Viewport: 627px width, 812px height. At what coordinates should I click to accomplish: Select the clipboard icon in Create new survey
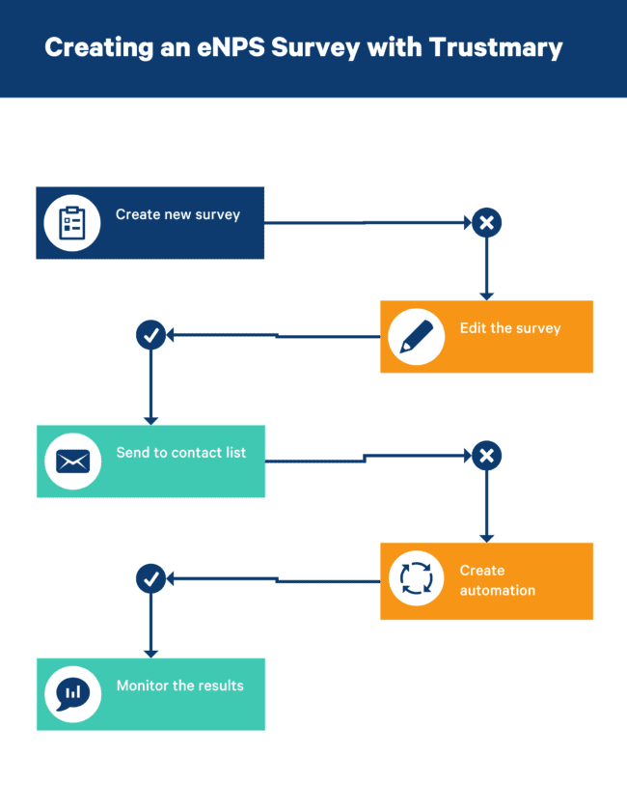[72, 223]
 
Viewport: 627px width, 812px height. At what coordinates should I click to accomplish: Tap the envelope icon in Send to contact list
[72, 462]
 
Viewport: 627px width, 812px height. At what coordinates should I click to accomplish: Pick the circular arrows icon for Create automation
[416, 579]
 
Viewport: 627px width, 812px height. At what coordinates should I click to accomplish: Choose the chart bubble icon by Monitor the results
[72, 693]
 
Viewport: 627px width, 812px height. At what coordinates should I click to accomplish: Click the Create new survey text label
[177, 214]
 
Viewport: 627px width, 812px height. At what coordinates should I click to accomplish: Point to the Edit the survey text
[509, 328]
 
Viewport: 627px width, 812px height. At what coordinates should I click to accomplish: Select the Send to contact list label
[180, 452]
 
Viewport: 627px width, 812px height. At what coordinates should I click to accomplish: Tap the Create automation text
[497, 580]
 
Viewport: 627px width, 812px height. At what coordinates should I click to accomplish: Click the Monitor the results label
[179, 686]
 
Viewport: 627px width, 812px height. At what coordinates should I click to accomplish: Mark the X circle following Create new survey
[486, 223]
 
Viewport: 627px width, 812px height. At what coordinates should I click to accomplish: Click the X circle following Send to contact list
[486, 456]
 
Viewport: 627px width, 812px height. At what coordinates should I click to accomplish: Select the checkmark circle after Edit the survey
[150, 335]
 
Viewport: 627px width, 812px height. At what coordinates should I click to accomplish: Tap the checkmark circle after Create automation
[150, 579]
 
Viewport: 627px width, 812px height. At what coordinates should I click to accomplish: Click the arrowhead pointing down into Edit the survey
[486, 295]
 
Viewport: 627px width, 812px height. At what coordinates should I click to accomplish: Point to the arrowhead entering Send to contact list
[150, 420]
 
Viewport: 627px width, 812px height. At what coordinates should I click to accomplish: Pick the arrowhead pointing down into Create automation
[486, 537]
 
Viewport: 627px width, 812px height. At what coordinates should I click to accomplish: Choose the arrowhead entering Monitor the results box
[150, 653]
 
